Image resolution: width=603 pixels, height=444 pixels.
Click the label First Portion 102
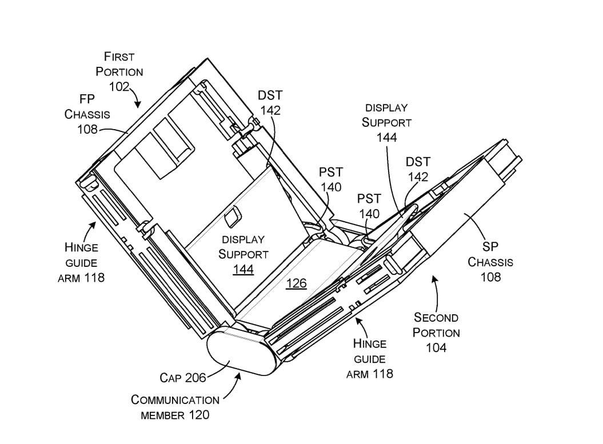(x=119, y=71)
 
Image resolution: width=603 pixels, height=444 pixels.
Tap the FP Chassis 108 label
(x=87, y=114)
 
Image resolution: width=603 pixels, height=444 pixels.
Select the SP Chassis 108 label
(x=490, y=262)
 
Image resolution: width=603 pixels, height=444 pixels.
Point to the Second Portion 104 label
(x=436, y=332)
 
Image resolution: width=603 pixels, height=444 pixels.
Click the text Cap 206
(x=182, y=378)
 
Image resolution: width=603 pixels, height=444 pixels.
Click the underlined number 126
(x=296, y=283)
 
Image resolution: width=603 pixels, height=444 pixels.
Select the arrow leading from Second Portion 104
(x=436, y=291)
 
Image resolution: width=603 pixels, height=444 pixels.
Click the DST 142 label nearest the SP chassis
(x=418, y=169)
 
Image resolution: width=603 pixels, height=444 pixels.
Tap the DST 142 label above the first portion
(x=270, y=102)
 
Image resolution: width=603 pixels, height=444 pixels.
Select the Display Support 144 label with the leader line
(x=386, y=122)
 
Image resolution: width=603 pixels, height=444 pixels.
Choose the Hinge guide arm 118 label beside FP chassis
(x=81, y=263)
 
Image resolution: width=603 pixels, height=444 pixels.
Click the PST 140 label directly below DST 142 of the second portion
(x=369, y=206)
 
